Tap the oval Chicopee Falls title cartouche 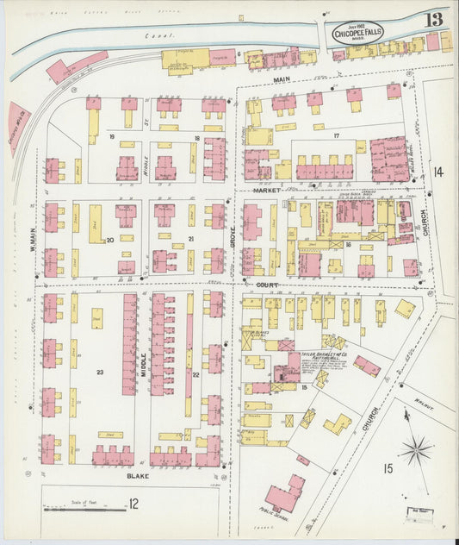click(x=360, y=33)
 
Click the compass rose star click(x=416, y=450)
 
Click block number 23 click(x=101, y=372)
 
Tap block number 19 click(x=111, y=137)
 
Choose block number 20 click(x=109, y=240)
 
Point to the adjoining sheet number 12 click(x=133, y=504)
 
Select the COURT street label click(x=265, y=283)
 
